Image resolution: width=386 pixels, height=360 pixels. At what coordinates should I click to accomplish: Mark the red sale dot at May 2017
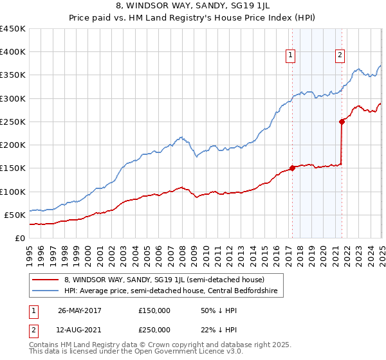292,168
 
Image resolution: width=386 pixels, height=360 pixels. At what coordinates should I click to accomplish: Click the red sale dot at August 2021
342,122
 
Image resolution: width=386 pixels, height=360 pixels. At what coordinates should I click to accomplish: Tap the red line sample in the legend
45,280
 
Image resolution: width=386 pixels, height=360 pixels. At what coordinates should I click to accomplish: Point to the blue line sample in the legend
45,290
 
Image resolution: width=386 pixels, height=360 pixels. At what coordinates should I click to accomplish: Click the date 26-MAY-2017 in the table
80,310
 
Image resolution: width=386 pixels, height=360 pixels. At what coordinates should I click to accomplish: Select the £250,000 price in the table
154,329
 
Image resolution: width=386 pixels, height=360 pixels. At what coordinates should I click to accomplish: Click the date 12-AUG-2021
80,329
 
